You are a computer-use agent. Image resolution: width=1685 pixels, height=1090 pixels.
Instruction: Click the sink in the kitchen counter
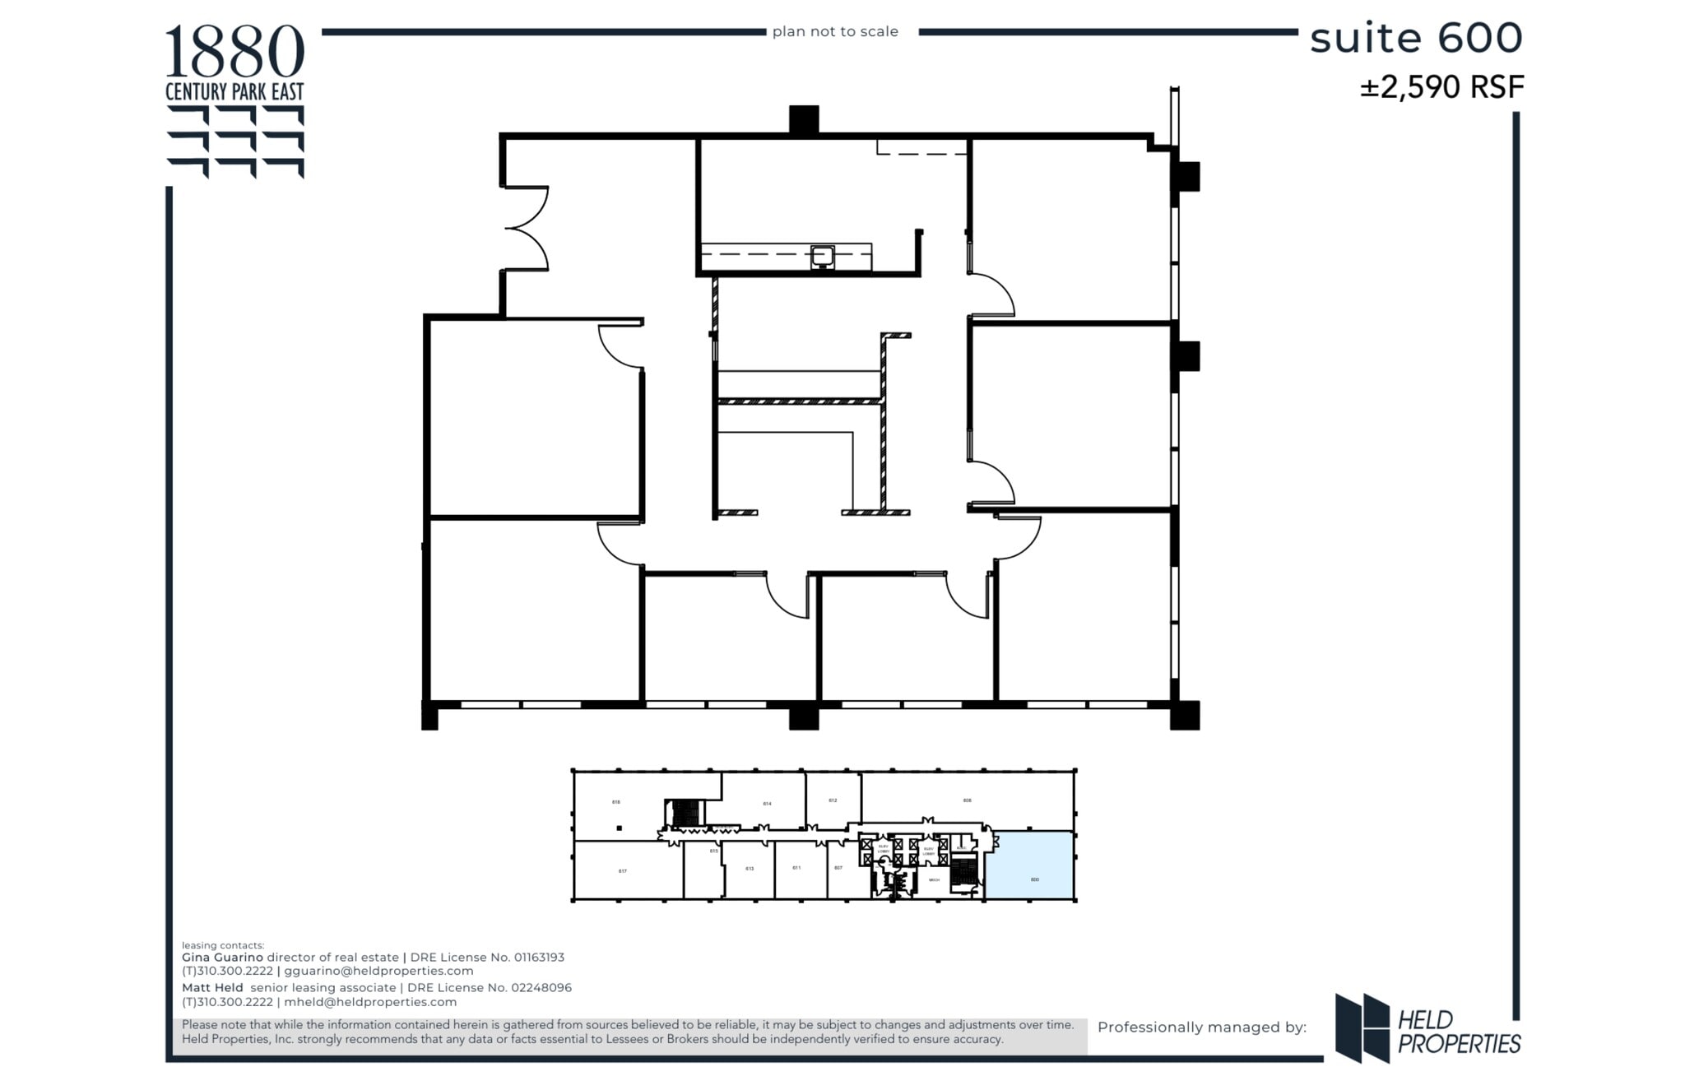pyautogui.click(x=822, y=257)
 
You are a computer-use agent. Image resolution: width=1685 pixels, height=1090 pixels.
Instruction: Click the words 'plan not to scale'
pyautogui.click(x=834, y=31)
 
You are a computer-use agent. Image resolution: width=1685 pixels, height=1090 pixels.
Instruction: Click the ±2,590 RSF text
pyautogui.click(x=1441, y=87)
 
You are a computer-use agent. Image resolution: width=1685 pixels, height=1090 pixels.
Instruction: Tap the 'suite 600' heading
pyautogui.click(x=1415, y=38)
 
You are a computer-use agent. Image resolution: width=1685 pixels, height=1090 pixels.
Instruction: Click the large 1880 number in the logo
pyautogui.click(x=234, y=51)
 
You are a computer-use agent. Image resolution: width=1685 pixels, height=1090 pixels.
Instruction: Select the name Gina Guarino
pyautogui.click(x=222, y=957)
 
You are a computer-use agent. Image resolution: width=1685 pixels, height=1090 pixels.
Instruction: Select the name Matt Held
pyautogui.click(x=212, y=987)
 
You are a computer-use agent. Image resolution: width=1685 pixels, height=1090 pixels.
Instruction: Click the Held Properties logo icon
pyautogui.click(x=1362, y=1027)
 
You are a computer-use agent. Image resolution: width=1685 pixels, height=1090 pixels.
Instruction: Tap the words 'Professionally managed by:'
pyautogui.click(x=1201, y=1027)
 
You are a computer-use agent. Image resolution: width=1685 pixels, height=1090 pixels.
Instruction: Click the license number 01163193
pyautogui.click(x=539, y=957)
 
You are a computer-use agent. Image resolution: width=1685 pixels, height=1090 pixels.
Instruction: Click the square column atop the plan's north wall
pyautogui.click(x=803, y=119)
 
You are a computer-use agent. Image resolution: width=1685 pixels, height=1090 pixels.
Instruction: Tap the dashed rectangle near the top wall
pyautogui.click(x=921, y=147)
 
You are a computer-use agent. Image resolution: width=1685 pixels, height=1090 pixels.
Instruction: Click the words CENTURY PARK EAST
pyautogui.click(x=234, y=91)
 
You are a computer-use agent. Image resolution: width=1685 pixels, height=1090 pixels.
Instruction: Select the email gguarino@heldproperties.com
pyautogui.click(x=378, y=971)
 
